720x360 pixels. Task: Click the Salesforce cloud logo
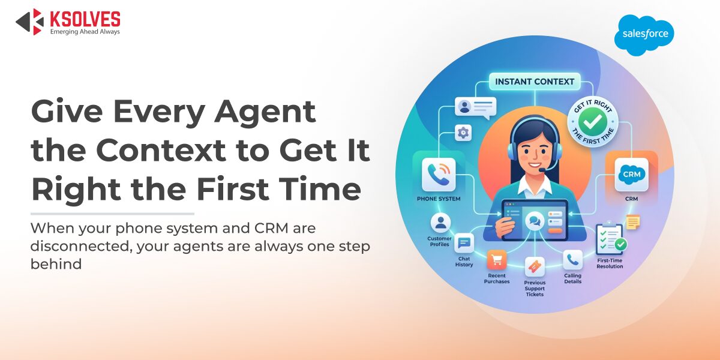pyautogui.click(x=644, y=35)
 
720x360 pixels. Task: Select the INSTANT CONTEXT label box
pyautogui.click(x=534, y=82)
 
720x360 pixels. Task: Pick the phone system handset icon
pyautogui.click(x=438, y=174)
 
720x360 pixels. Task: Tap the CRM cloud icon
pyautogui.click(x=631, y=174)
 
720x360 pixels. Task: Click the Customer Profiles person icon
pyautogui.click(x=441, y=224)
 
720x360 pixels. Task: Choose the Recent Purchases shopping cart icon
pyautogui.click(x=497, y=260)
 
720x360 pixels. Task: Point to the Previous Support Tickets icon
pyautogui.click(x=534, y=266)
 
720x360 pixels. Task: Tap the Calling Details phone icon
pyautogui.click(x=572, y=260)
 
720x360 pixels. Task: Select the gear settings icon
pyautogui.click(x=463, y=133)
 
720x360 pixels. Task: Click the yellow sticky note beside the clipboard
pyautogui.click(x=632, y=221)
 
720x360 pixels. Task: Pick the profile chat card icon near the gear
pyautogui.click(x=475, y=107)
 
